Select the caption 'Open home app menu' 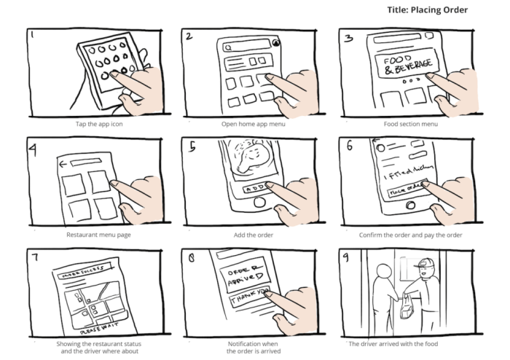coord(254,124)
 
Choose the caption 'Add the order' coord(254,235)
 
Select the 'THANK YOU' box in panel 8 coord(247,299)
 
